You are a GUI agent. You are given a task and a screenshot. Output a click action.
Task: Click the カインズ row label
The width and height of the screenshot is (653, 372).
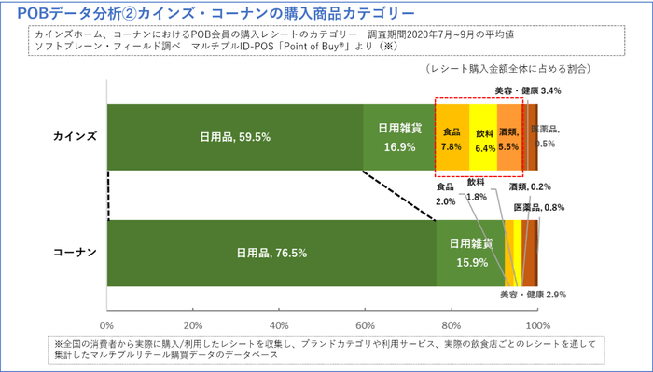(x=74, y=136)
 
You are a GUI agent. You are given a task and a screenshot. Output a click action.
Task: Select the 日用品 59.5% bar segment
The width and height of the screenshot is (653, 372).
(x=235, y=136)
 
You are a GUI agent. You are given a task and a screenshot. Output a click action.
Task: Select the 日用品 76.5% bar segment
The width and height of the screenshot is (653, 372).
(x=271, y=252)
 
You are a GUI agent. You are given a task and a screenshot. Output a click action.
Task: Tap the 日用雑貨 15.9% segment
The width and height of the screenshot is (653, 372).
(x=470, y=252)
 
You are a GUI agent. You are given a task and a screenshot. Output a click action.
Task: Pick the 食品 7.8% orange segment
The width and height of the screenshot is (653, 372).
(x=452, y=137)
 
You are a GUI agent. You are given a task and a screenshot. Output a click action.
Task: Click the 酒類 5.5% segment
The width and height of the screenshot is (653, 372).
(x=508, y=137)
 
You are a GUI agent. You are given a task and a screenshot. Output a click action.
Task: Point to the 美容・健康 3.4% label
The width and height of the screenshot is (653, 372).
(x=528, y=91)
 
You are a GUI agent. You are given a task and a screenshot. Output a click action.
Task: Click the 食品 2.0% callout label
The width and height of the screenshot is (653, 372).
(x=446, y=193)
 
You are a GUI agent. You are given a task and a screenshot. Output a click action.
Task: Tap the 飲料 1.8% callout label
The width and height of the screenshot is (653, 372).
(x=477, y=189)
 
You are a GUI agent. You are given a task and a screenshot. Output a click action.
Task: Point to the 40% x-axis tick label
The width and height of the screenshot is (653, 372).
(x=278, y=324)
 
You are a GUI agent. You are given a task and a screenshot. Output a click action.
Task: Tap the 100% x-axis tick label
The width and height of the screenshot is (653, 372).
(x=536, y=324)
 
